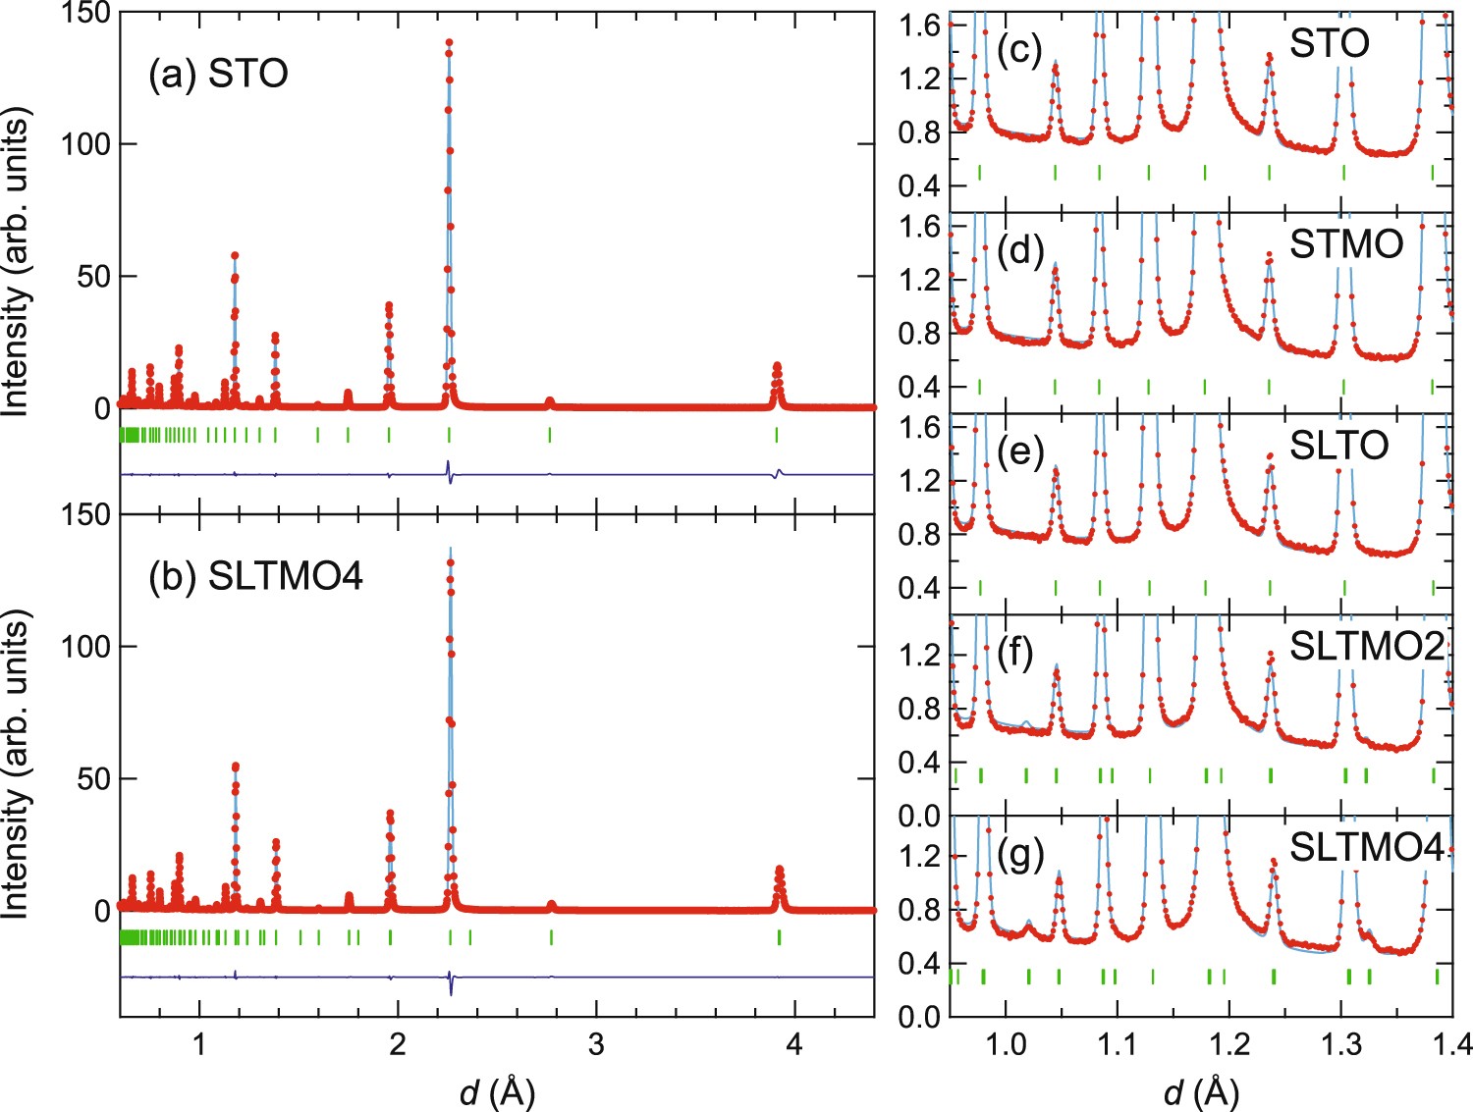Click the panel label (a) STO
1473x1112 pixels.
tap(218, 74)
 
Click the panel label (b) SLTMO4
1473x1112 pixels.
tap(255, 576)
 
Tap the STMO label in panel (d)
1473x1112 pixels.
tap(1345, 244)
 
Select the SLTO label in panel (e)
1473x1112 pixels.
tap(1338, 446)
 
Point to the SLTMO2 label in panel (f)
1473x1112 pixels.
tap(1366, 647)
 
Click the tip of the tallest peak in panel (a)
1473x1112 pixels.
tap(449, 43)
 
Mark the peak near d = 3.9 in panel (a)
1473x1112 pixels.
tap(777, 367)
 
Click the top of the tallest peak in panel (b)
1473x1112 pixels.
tap(451, 561)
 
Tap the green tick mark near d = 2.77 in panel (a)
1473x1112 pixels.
tap(550, 435)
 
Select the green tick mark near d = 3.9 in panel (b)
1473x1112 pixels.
tap(779, 937)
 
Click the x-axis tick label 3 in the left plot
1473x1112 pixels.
tap(596, 1044)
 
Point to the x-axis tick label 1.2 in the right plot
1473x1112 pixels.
tap(1227, 1044)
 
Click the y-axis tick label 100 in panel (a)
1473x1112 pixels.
tap(85, 144)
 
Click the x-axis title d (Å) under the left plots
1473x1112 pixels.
tap(497, 1090)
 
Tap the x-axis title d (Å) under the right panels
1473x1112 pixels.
tap(1200, 1090)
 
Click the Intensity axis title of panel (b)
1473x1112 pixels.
tap(16, 765)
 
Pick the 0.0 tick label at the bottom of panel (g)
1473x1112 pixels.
tap(919, 1017)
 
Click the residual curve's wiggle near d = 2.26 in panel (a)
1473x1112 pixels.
tap(449, 472)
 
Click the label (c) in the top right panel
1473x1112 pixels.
tap(1019, 50)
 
